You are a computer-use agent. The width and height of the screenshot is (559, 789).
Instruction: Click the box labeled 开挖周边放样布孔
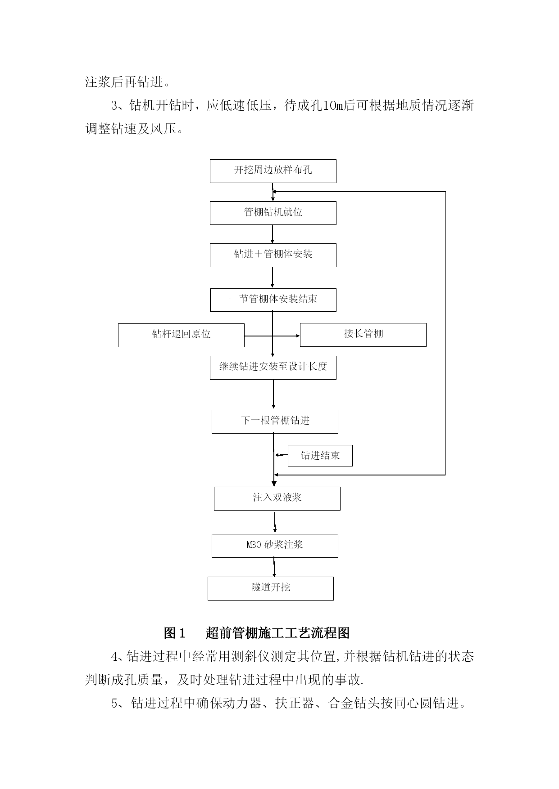click(273, 171)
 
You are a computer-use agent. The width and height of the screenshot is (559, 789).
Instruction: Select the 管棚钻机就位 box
click(273, 213)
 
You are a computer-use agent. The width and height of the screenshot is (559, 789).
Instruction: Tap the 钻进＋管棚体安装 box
click(273, 255)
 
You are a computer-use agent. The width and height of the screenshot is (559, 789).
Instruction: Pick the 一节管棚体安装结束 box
click(273, 300)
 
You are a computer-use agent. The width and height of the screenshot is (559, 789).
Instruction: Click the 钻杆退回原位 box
click(181, 335)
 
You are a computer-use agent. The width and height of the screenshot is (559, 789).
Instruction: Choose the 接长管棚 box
click(363, 335)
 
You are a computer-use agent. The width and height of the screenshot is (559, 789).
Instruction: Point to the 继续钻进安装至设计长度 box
click(273, 368)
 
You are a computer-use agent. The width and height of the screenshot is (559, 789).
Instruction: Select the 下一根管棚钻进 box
click(275, 421)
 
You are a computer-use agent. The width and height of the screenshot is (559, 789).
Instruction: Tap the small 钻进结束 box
click(320, 456)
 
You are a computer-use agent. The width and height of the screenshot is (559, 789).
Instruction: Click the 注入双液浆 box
click(277, 498)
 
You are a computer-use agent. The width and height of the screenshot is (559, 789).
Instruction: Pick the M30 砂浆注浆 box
click(275, 546)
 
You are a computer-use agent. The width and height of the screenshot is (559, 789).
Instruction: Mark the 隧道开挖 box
click(271, 588)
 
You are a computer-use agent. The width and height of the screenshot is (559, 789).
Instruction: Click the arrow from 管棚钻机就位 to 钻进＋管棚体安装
click(273, 234)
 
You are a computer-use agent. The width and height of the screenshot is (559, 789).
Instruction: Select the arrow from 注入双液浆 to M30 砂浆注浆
click(275, 522)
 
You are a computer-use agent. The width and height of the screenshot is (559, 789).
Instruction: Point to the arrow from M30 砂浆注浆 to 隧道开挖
click(274, 567)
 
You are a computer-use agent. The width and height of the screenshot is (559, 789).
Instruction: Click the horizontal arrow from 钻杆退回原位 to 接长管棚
click(272, 336)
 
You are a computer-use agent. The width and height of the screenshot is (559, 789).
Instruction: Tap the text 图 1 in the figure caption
click(175, 633)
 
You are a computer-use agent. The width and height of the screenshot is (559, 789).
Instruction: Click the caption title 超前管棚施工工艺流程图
click(277, 633)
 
